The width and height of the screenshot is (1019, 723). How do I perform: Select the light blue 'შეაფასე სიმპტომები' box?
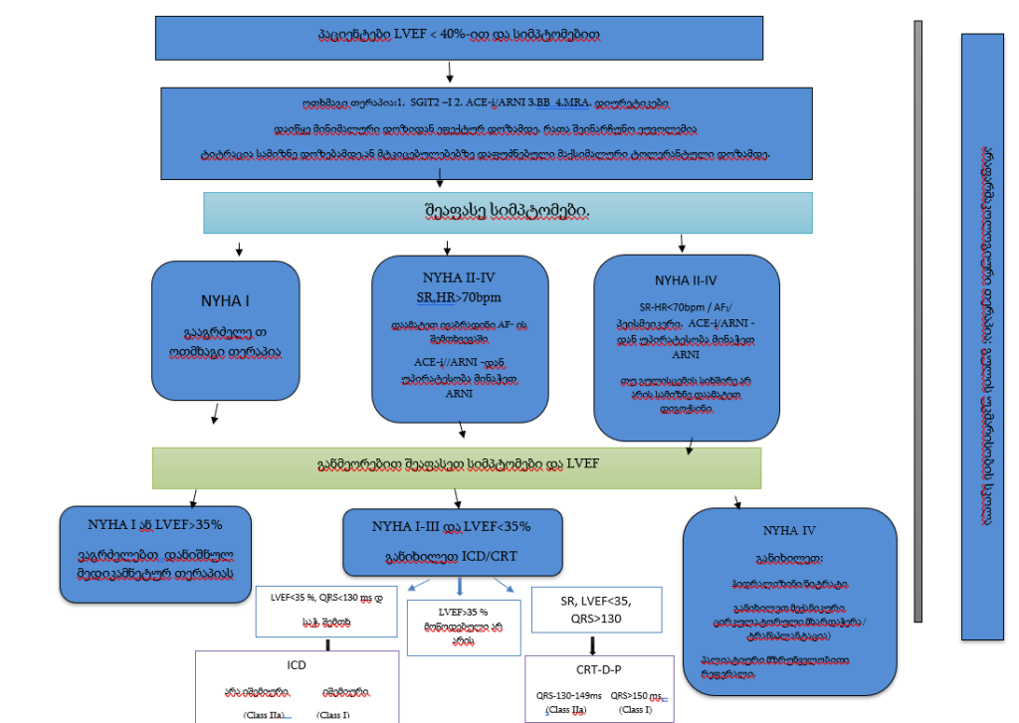coord(508,212)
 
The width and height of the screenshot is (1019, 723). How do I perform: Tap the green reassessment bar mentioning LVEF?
coord(456,467)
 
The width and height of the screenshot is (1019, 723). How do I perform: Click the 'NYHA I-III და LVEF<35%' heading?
coord(451,526)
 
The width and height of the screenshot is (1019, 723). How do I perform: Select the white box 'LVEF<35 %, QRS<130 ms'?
coord(325,608)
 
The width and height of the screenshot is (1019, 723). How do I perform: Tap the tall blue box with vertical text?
coord(982,335)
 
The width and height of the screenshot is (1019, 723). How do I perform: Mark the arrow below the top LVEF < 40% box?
coord(451,72)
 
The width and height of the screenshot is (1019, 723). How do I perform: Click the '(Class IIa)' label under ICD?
coord(264,715)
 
